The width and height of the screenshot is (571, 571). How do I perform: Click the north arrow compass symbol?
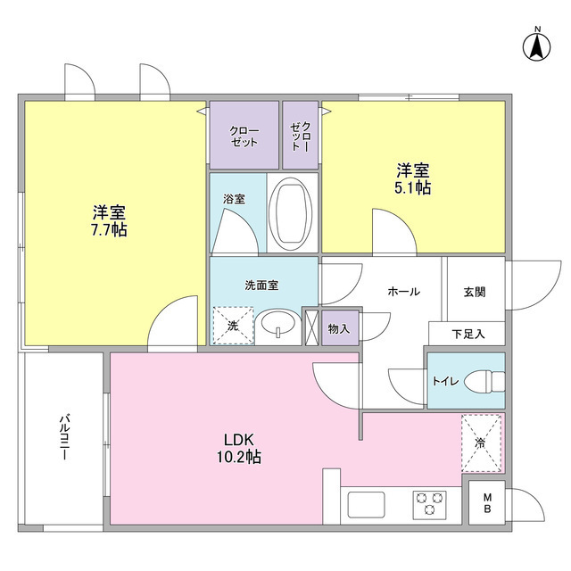click(x=537, y=46)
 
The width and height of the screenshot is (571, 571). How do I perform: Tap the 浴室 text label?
click(x=235, y=200)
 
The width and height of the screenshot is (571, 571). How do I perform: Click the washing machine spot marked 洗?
click(x=233, y=326)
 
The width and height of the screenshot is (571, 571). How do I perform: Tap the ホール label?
click(x=403, y=292)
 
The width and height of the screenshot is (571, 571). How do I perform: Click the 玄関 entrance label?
click(x=474, y=292)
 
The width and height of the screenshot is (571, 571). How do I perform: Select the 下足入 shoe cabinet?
click(x=466, y=334)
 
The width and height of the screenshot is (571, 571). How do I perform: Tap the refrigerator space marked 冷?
click(x=482, y=443)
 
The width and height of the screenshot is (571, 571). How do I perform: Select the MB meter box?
click(x=487, y=503)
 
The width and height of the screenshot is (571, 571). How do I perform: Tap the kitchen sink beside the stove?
click(x=366, y=505)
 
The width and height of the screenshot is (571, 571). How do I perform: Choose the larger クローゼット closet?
click(x=244, y=136)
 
